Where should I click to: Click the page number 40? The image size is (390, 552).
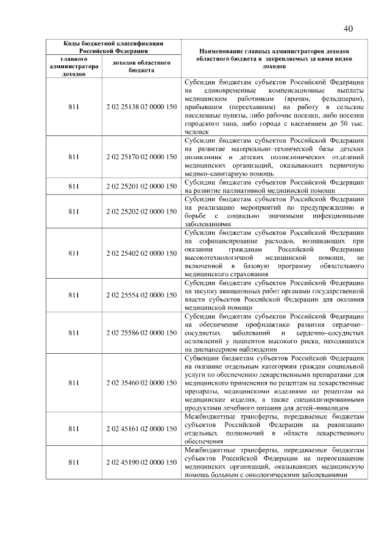[349, 28]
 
